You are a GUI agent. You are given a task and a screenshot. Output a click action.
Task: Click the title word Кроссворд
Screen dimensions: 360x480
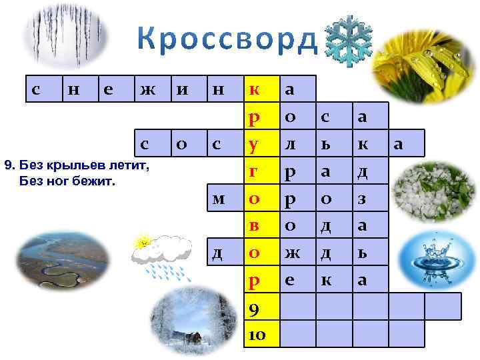(x=226, y=41)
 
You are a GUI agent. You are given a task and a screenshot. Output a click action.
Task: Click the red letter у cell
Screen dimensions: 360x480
(x=255, y=143)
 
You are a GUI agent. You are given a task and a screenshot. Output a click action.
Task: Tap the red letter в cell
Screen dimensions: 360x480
(x=255, y=225)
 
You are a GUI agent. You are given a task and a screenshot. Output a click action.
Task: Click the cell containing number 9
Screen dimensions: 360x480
(x=255, y=307)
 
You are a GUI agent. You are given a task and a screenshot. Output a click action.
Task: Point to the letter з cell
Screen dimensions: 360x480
(x=363, y=198)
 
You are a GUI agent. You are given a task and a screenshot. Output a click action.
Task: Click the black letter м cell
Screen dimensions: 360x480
(x=218, y=198)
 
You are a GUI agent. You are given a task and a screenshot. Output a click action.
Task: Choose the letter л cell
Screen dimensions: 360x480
(x=290, y=143)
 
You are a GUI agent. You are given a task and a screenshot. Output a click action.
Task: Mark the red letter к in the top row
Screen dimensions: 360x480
(x=255, y=89)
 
